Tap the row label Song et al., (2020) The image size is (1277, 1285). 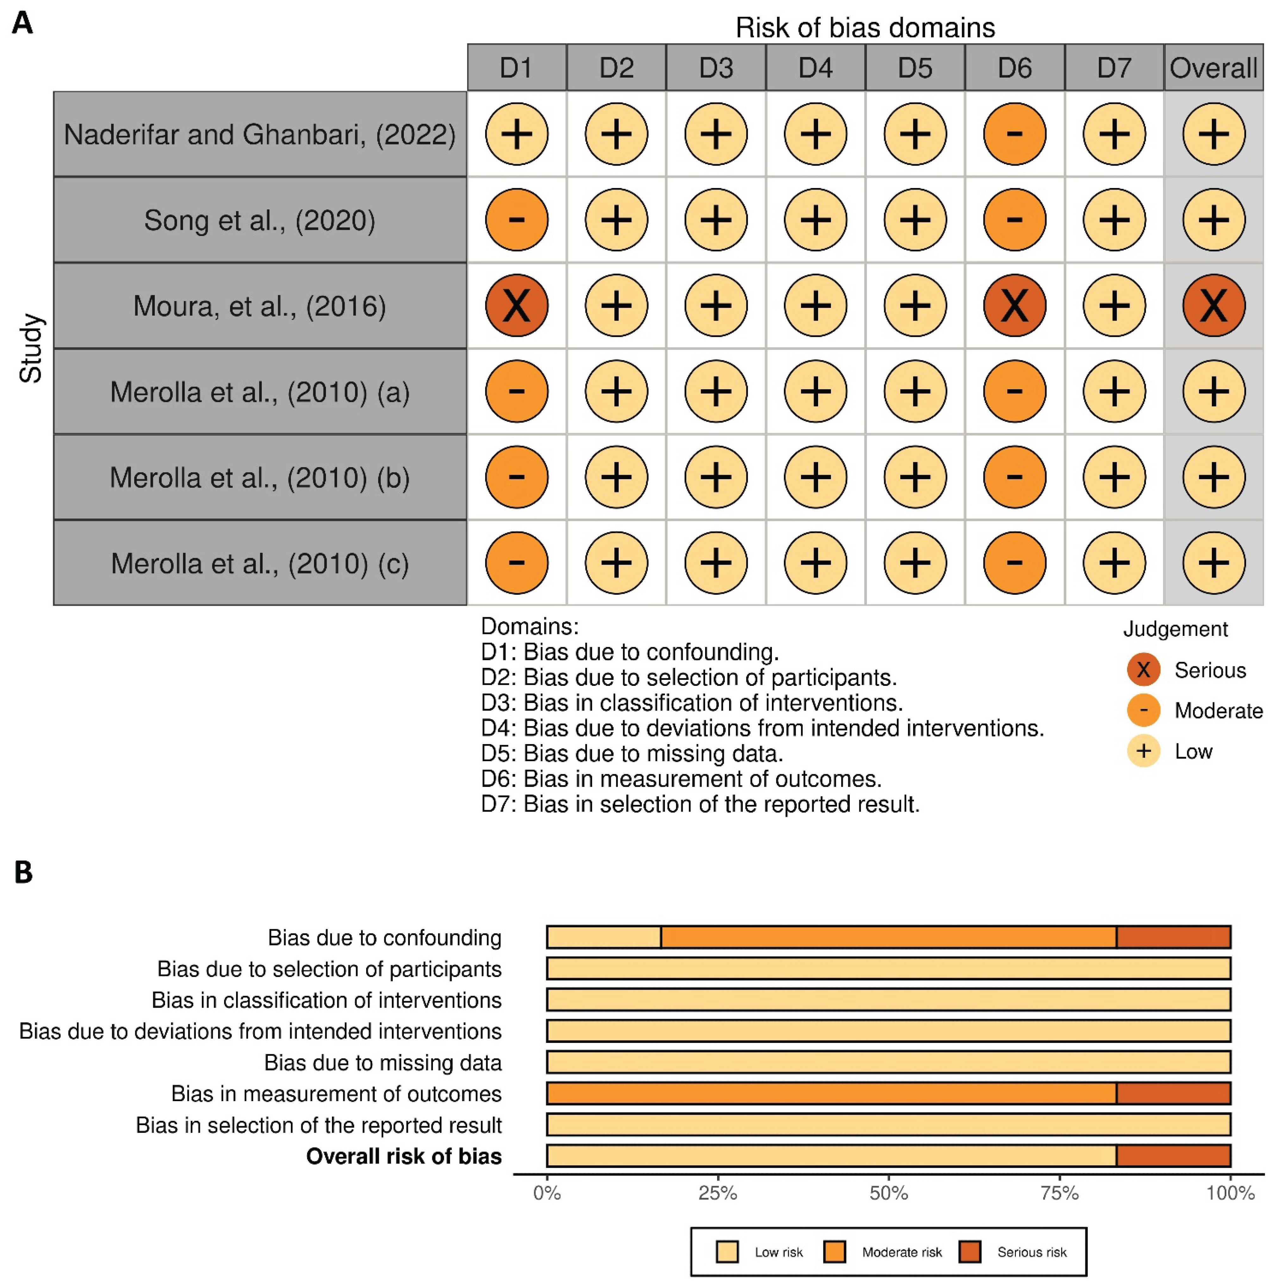[260, 220]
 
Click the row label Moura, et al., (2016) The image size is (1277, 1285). [260, 306]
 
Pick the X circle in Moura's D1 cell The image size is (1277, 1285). [517, 306]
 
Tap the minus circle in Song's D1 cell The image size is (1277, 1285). [517, 220]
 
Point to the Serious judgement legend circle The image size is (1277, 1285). [1143, 670]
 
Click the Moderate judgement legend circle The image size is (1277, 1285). [1143, 710]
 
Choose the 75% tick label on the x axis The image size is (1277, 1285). [1060, 1193]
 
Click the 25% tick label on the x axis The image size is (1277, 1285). [718, 1193]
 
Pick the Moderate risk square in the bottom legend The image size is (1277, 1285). [834, 1252]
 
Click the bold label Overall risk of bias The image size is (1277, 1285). [404, 1156]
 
